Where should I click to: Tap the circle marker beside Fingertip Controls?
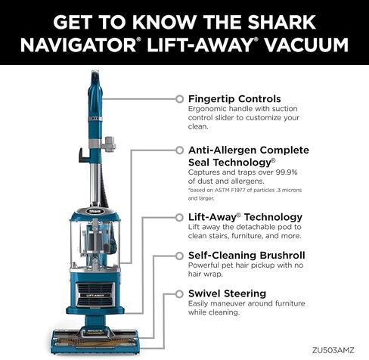pyautogui.click(x=178, y=98)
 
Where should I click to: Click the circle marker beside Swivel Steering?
pyautogui.click(x=178, y=292)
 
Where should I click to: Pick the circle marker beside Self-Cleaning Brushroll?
pyautogui.click(x=178, y=254)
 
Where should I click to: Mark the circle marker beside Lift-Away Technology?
pyautogui.click(x=178, y=216)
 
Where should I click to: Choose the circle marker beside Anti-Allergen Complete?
pyautogui.click(x=178, y=150)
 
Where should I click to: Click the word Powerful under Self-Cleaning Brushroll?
pyautogui.click(x=207, y=265)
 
